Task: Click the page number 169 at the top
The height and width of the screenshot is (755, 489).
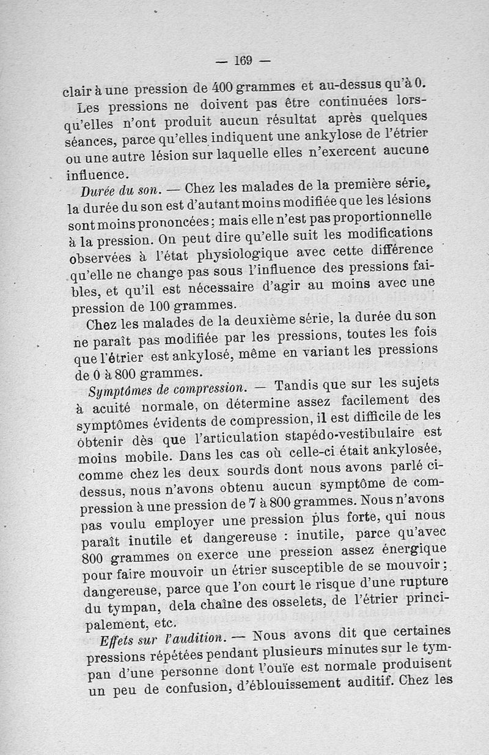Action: (x=243, y=60)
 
